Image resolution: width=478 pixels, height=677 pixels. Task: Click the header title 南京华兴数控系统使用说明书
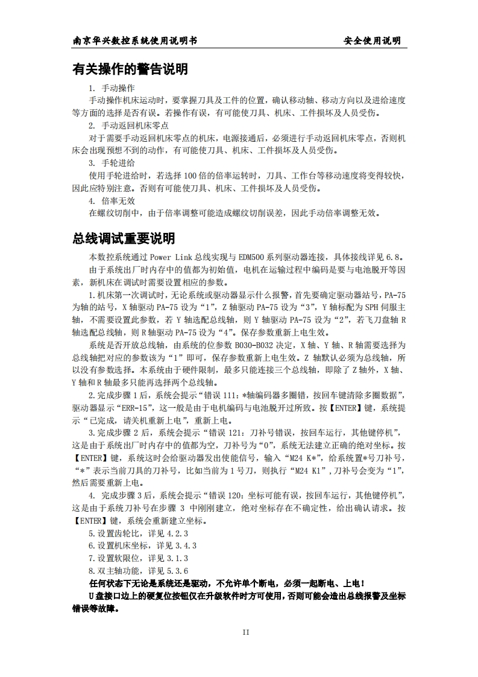tap(134, 41)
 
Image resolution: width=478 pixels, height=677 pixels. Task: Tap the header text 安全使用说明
tap(372, 41)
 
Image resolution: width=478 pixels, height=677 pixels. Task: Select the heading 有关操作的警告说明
tap(130, 69)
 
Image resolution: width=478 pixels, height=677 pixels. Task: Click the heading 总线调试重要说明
tap(124, 238)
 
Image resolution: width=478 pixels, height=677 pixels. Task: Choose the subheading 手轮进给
tap(118, 163)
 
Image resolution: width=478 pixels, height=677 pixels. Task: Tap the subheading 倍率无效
tap(118, 200)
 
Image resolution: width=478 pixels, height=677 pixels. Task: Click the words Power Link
tap(181, 256)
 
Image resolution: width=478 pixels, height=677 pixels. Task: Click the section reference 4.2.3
tap(177, 533)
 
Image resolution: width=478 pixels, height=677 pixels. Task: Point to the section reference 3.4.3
tap(177, 545)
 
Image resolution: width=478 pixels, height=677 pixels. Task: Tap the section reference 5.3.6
tap(177, 571)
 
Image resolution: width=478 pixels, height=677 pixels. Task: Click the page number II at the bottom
tap(246, 632)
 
